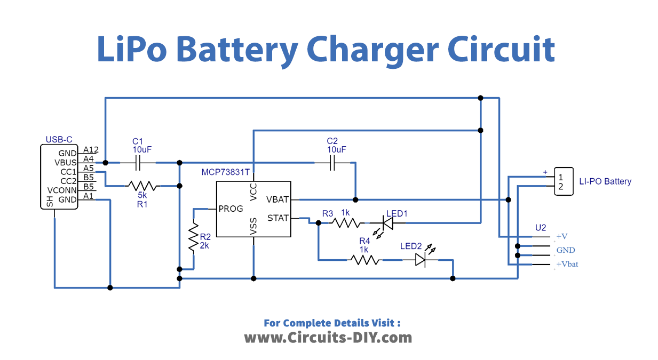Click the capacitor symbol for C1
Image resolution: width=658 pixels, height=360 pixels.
pyautogui.click(x=138, y=162)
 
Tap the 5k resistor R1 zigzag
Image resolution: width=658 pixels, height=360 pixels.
pyautogui.click(x=142, y=186)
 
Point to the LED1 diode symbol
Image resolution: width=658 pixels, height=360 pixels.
pyautogui.click(x=388, y=223)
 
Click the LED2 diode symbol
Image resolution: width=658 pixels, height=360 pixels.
pyautogui.click(x=421, y=260)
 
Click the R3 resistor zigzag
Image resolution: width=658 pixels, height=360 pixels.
pyautogui.click(x=346, y=223)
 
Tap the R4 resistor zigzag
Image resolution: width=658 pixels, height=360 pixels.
pyautogui.click(x=364, y=260)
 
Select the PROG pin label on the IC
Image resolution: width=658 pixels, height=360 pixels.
pyautogui.click(x=231, y=209)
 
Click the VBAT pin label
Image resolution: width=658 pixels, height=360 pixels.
pyautogui.click(x=278, y=199)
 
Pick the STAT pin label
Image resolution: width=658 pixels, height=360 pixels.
pyautogui.click(x=278, y=218)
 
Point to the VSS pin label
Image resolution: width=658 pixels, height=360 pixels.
pyautogui.click(x=253, y=226)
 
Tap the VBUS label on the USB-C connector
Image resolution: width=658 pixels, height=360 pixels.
pyautogui.click(x=66, y=162)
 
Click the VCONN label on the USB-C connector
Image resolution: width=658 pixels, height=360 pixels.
pyautogui.click(x=62, y=190)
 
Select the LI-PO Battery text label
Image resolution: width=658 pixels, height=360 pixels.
pyautogui.click(x=605, y=181)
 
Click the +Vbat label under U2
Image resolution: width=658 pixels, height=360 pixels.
pyautogui.click(x=567, y=264)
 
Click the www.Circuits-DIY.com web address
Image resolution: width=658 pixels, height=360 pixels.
pyautogui.click(x=328, y=337)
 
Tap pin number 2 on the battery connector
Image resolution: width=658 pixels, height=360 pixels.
pyautogui.click(x=560, y=187)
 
